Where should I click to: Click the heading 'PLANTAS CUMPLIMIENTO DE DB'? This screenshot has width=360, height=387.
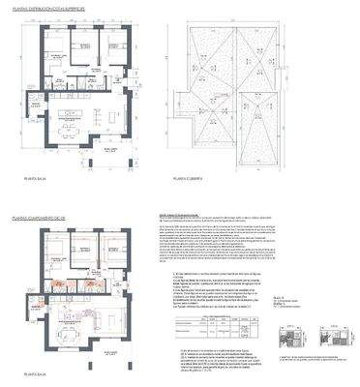click(41, 220)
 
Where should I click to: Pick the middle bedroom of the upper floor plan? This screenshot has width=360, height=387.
click(86, 53)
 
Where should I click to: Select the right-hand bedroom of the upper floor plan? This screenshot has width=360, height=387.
click(118, 53)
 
